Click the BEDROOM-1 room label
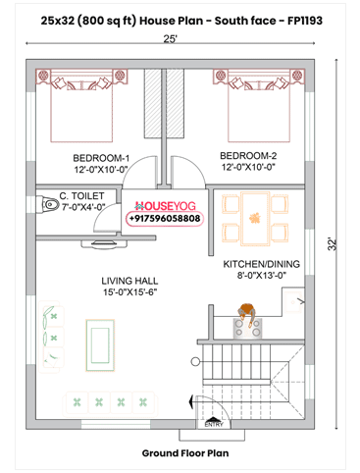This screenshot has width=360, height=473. (100, 158)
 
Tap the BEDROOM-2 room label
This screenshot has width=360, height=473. (248, 156)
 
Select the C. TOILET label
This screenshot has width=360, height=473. (88, 196)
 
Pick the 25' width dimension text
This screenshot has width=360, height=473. (171, 39)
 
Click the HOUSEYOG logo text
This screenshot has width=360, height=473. (166, 206)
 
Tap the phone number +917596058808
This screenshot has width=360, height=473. (165, 218)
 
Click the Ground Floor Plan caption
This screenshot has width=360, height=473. (184, 453)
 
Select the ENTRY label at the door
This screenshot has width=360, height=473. (213, 424)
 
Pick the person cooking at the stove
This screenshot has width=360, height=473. (246, 316)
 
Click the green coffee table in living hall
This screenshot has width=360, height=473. (98, 342)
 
